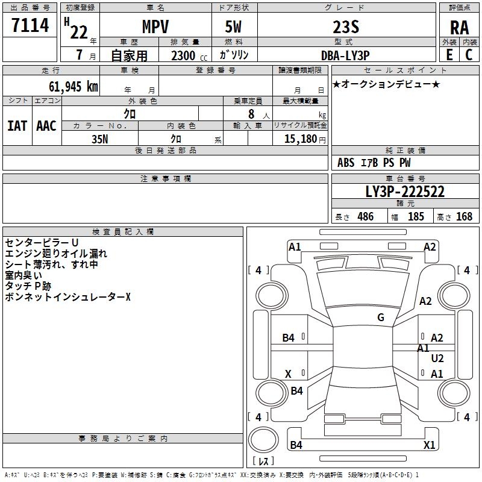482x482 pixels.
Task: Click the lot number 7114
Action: pos(30,26)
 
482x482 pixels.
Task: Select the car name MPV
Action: pos(155,27)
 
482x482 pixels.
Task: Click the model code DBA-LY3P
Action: pos(345,54)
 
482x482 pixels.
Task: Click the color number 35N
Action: pos(100,138)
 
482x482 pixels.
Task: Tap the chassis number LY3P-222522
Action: pos(405,192)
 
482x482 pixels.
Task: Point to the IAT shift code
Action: pos(17,126)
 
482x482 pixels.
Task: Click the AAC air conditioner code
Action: pos(46,126)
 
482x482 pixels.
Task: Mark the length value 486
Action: pos(365,217)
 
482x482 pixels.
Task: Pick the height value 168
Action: pos(464,217)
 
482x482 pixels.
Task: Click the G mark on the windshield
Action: pos(381,318)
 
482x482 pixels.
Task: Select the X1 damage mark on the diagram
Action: pos(429,445)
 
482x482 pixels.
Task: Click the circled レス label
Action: pos(263,462)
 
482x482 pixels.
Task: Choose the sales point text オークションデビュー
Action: pos(386,84)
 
